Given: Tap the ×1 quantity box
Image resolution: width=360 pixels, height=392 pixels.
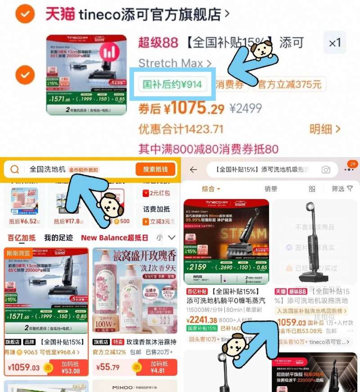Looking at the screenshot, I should (x=335, y=43).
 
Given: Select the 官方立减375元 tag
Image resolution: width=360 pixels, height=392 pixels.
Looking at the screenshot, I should (x=289, y=84).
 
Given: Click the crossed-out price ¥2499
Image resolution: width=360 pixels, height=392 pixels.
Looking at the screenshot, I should (x=246, y=109).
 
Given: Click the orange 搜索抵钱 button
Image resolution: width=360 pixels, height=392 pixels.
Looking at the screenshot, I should (x=155, y=169).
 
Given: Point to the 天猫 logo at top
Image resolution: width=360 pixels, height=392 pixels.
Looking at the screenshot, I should (x=60, y=14).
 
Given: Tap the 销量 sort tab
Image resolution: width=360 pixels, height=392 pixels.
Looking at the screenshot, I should (x=271, y=189).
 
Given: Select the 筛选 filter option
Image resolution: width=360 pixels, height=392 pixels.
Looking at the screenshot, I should (x=342, y=189).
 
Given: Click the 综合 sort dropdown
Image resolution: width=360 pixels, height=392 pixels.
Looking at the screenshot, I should (x=211, y=189).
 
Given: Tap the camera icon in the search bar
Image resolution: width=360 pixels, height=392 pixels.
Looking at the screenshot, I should (x=326, y=169).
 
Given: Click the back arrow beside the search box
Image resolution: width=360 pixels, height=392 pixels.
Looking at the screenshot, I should (x=193, y=169).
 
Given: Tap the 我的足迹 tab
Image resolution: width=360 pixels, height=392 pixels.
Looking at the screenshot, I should (x=58, y=237).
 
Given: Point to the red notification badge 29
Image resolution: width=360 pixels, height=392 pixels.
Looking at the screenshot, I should (x=352, y=164).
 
